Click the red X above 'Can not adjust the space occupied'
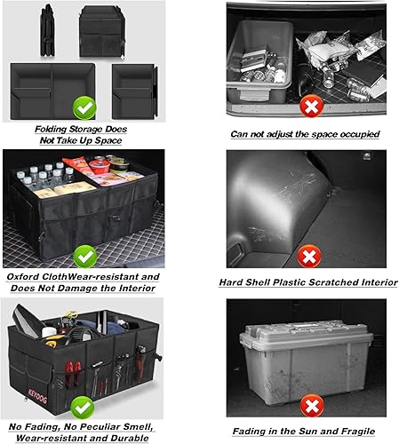(x=310, y=107)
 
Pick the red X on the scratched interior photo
(x=310, y=258)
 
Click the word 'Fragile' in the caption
(x=353, y=431)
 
